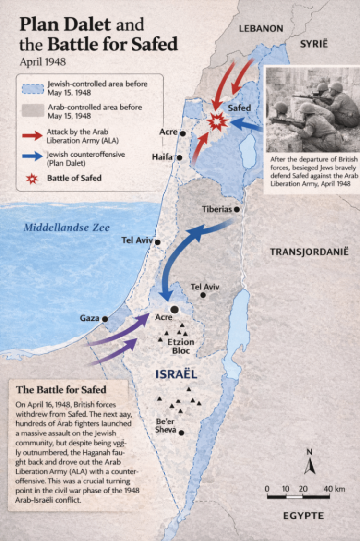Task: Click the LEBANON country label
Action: (261, 29)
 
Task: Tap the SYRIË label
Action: (314, 44)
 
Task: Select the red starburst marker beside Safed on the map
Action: (218, 122)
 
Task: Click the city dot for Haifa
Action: (180, 157)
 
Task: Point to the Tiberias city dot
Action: (237, 210)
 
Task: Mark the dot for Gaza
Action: (105, 318)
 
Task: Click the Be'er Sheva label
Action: (166, 426)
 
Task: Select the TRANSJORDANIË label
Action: (309, 252)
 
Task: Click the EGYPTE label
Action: (303, 516)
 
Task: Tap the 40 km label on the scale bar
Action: (334, 489)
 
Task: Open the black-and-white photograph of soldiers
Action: (312, 109)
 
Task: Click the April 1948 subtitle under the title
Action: (43, 61)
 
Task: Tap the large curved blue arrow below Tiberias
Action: (178, 259)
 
